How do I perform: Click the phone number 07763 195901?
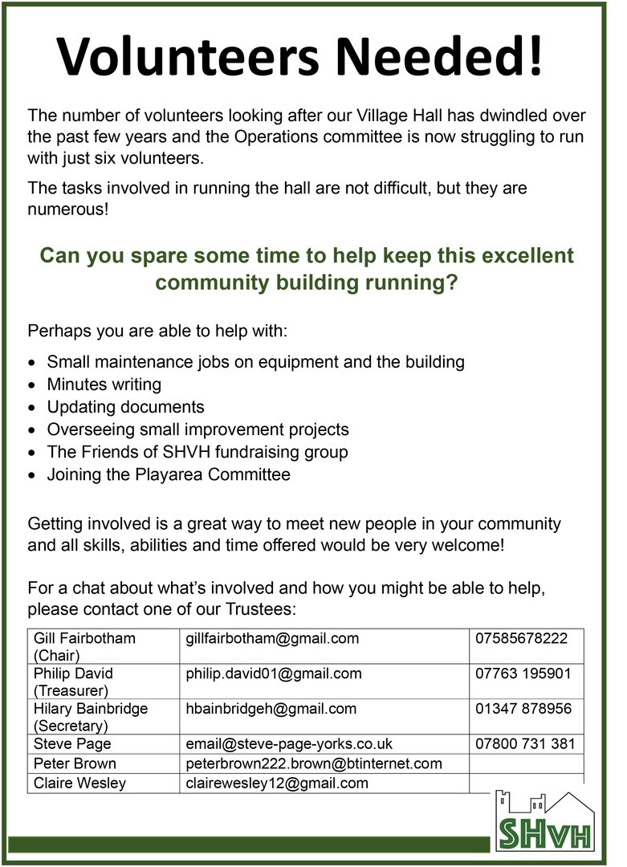523,674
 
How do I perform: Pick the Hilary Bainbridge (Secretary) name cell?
91,717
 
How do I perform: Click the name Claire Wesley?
79,783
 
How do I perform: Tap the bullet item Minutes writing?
104,385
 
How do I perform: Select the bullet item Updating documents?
125,407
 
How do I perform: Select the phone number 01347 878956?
523,709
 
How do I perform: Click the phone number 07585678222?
521,639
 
